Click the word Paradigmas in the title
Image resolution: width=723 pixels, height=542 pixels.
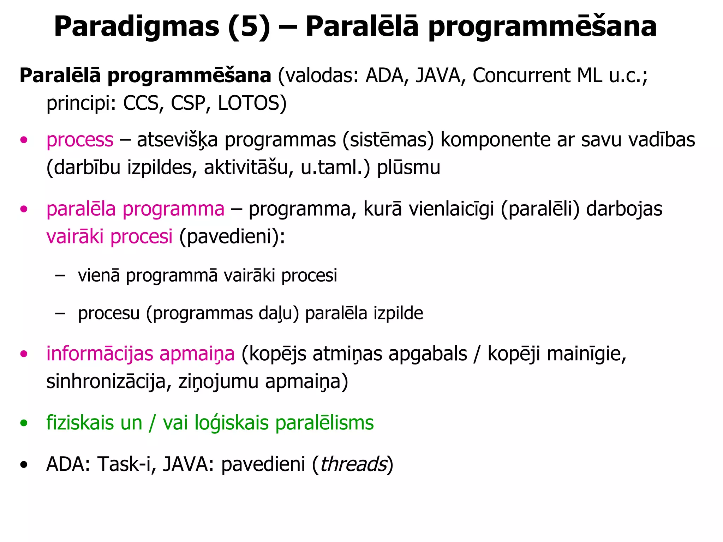136,28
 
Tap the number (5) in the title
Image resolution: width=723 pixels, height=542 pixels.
249,28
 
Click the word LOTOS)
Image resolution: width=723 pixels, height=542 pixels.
252,103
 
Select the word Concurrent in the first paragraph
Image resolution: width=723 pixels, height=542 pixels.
521,76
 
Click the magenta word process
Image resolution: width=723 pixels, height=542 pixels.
80,140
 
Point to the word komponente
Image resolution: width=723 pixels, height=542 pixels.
496,140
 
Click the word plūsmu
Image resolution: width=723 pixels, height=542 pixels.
408,167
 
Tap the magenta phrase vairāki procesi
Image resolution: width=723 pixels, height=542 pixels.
109,236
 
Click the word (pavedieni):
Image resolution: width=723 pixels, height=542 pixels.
232,236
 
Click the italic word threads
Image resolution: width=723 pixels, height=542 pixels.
353,464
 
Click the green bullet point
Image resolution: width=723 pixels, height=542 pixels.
24,423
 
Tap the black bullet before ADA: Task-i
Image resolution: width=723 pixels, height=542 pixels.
24,465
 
